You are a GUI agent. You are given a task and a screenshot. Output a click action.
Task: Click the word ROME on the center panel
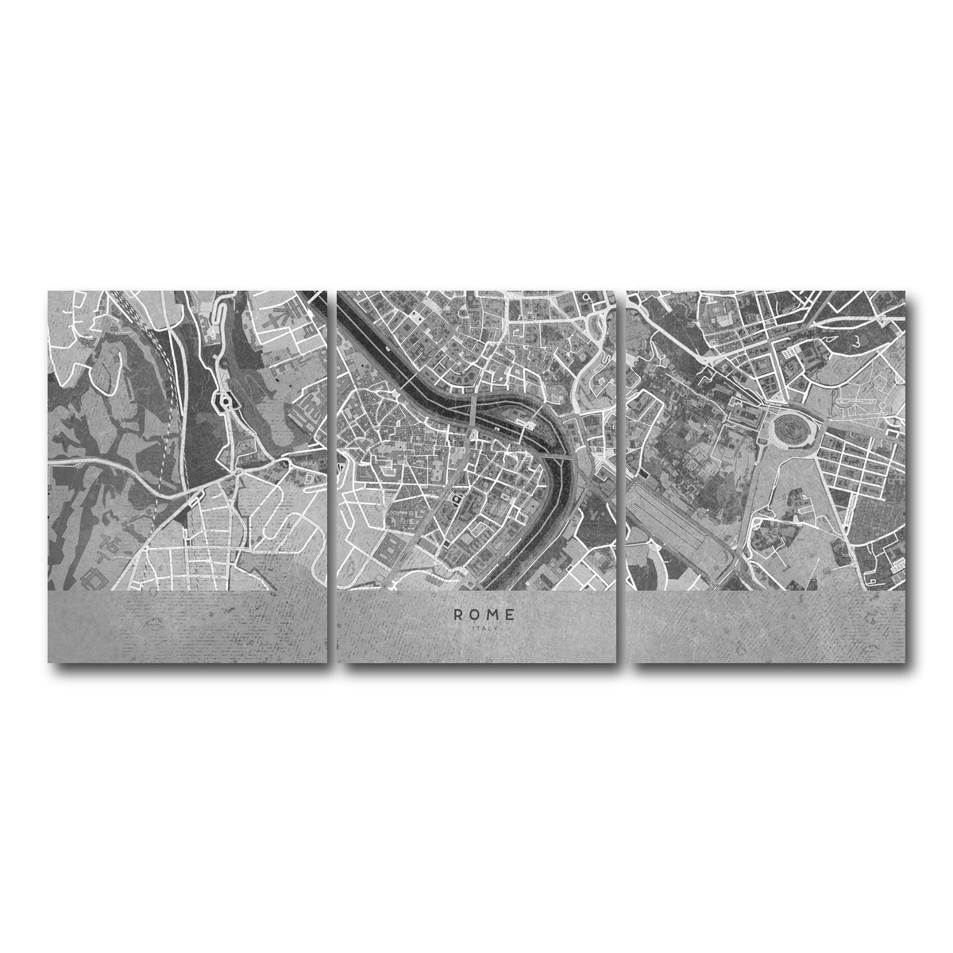coord(484,614)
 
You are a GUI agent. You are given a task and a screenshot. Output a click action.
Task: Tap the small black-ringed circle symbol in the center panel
coord(457,499)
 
